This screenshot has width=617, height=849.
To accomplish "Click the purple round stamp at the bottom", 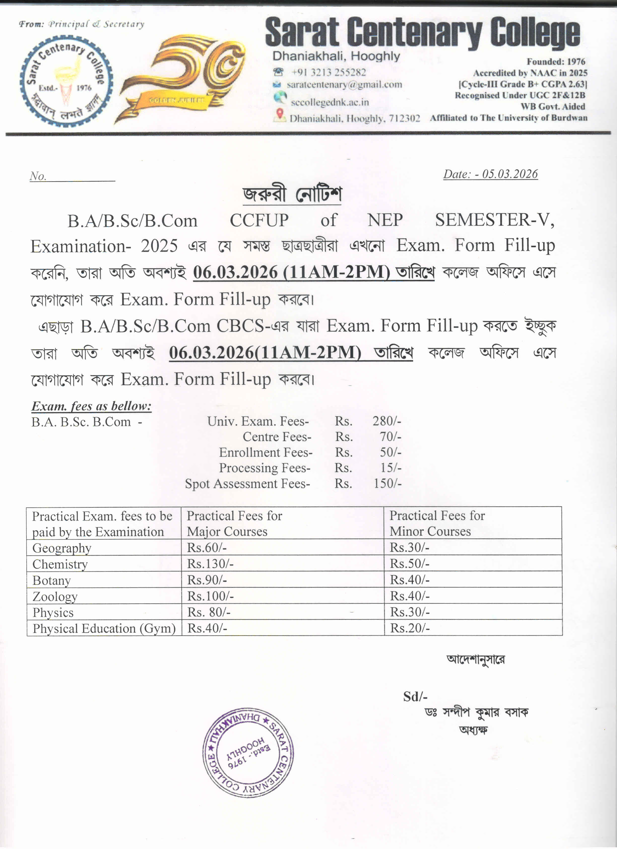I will click(248, 753).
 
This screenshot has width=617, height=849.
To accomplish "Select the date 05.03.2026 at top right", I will click(510, 174).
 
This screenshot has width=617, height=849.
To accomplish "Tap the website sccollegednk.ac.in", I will click(330, 102).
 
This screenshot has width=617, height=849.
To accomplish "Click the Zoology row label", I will click(55, 596).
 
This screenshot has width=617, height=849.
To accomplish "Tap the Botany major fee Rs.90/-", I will click(207, 580).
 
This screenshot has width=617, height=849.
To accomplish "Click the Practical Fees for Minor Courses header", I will click(437, 523).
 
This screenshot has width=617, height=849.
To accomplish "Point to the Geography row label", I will click(62, 548).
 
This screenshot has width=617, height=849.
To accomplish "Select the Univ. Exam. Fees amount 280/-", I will click(387, 421).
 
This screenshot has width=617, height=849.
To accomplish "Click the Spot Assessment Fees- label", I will click(247, 484).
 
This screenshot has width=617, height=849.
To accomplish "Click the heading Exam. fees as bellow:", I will click(91, 406).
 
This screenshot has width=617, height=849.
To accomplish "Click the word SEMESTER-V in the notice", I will click(494, 220).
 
